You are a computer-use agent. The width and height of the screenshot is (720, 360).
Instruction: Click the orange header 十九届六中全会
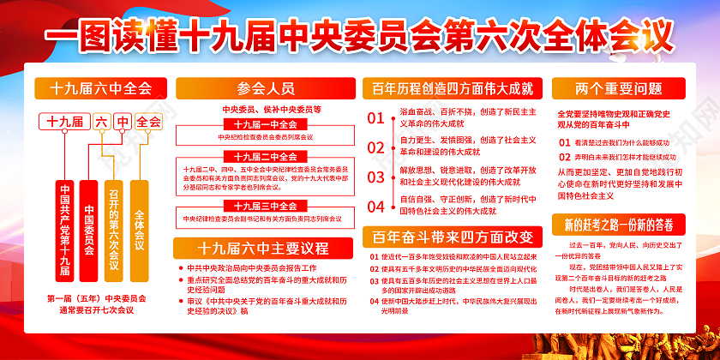[x=100, y=88]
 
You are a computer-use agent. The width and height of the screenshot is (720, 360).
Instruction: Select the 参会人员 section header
[x=265, y=88]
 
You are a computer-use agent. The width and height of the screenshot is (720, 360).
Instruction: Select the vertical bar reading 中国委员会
[x=89, y=219]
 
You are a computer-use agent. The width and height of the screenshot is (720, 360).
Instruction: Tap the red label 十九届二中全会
[x=265, y=156]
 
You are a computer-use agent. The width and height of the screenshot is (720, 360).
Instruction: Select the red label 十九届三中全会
[x=265, y=206]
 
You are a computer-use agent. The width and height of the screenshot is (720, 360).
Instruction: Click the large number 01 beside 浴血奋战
[x=376, y=118]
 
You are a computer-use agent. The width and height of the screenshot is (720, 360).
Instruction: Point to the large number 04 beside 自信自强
[x=376, y=206]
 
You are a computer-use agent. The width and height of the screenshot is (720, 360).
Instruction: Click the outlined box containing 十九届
[x=63, y=122]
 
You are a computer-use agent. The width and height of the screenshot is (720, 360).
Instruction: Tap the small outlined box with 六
[x=100, y=122]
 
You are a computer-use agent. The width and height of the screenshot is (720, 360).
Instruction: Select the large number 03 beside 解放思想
[x=376, y=177]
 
